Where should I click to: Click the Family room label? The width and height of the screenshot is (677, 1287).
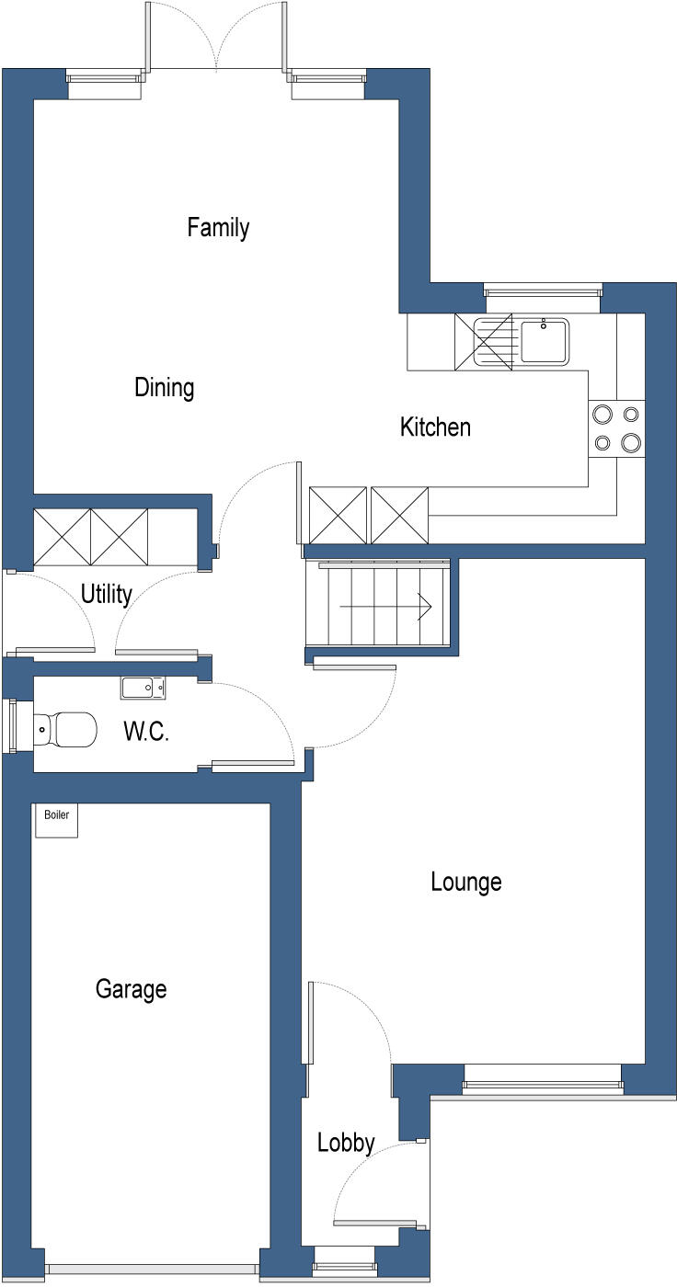tap(218, 227)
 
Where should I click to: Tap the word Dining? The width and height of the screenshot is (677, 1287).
tap(165, 387)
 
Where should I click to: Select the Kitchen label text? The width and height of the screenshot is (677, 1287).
tap(435, 427)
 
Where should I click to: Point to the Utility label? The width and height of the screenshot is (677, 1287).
tap(107, 594)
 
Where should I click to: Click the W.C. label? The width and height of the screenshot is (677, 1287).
tap(146, 733)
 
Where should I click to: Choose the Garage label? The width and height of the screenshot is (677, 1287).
tap(132, 989)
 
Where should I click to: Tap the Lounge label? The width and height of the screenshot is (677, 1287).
tap(466, 882)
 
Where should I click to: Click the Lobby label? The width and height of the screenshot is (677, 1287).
tap(346, 1143)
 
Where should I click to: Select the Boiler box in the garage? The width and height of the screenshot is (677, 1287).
tap(56, 821)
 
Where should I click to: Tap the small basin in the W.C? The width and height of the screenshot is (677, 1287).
tap(143, 687)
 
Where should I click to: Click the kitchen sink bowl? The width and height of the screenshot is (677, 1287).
tap(545, 340)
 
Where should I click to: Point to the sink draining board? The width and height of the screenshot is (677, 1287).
tap(493, 340)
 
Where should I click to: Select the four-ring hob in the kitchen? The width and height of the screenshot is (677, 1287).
tap(616, 428)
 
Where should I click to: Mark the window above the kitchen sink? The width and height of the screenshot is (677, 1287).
tap(542, 293)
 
